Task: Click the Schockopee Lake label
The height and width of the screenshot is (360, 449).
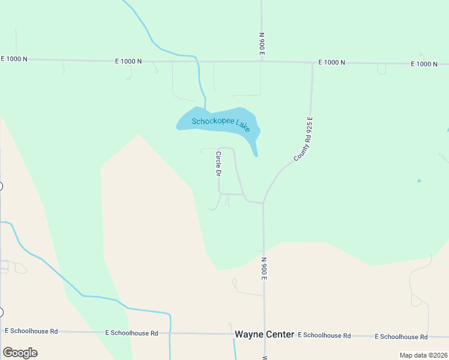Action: (220, 124)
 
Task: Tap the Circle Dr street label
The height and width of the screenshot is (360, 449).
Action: (218, 164)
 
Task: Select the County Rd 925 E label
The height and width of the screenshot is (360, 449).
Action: (305, 139)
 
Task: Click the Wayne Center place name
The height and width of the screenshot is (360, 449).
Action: (264, 334)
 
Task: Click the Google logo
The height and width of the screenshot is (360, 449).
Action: (20, 353)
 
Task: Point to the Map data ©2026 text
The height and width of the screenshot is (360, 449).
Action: (423, 355)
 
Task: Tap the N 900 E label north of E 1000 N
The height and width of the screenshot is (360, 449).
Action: (262, 44)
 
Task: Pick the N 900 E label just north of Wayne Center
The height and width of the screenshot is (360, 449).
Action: (264, 268)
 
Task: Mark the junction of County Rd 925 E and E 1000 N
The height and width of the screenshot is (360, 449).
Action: (312, 62)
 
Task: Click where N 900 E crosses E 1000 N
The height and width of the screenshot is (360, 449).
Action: (261, 61)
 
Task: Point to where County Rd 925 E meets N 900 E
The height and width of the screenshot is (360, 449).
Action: (264, 203)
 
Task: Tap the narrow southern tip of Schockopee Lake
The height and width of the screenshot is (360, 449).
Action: (256, 155)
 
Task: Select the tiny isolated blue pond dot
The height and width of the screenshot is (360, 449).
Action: (419, 181)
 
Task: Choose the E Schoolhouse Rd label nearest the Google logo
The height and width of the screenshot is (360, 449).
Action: (31, 331)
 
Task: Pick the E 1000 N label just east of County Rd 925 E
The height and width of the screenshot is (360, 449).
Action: (331, 62)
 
